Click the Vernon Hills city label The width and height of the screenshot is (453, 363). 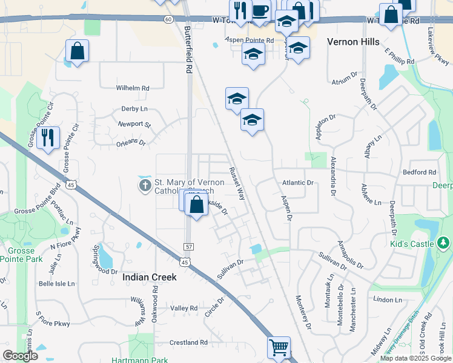pyautogui.click(x=353, y=42)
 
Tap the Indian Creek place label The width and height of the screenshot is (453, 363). pyautogui.click(x=150, y=276)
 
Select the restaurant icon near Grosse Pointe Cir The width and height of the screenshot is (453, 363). pyautogui.click(x=48, y=137)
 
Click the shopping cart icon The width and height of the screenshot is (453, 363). pyautogui.click(x=279, y=348)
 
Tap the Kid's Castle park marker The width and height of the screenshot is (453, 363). pyautogui.click(x=443, y=243)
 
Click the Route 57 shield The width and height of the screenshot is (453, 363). pyautogui.click(x=188, y=247)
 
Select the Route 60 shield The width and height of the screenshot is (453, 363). pyautogui.click(x=168, y=19)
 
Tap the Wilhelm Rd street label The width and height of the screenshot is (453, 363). pyautogui.click(x=133, y=88)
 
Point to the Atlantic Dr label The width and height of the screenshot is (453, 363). pyautogui.click(x=298, y=182)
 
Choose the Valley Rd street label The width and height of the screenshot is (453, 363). pyautogui.click(x=184, y=308)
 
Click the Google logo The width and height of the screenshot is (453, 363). pyautogui.click(x=20, y=356)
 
